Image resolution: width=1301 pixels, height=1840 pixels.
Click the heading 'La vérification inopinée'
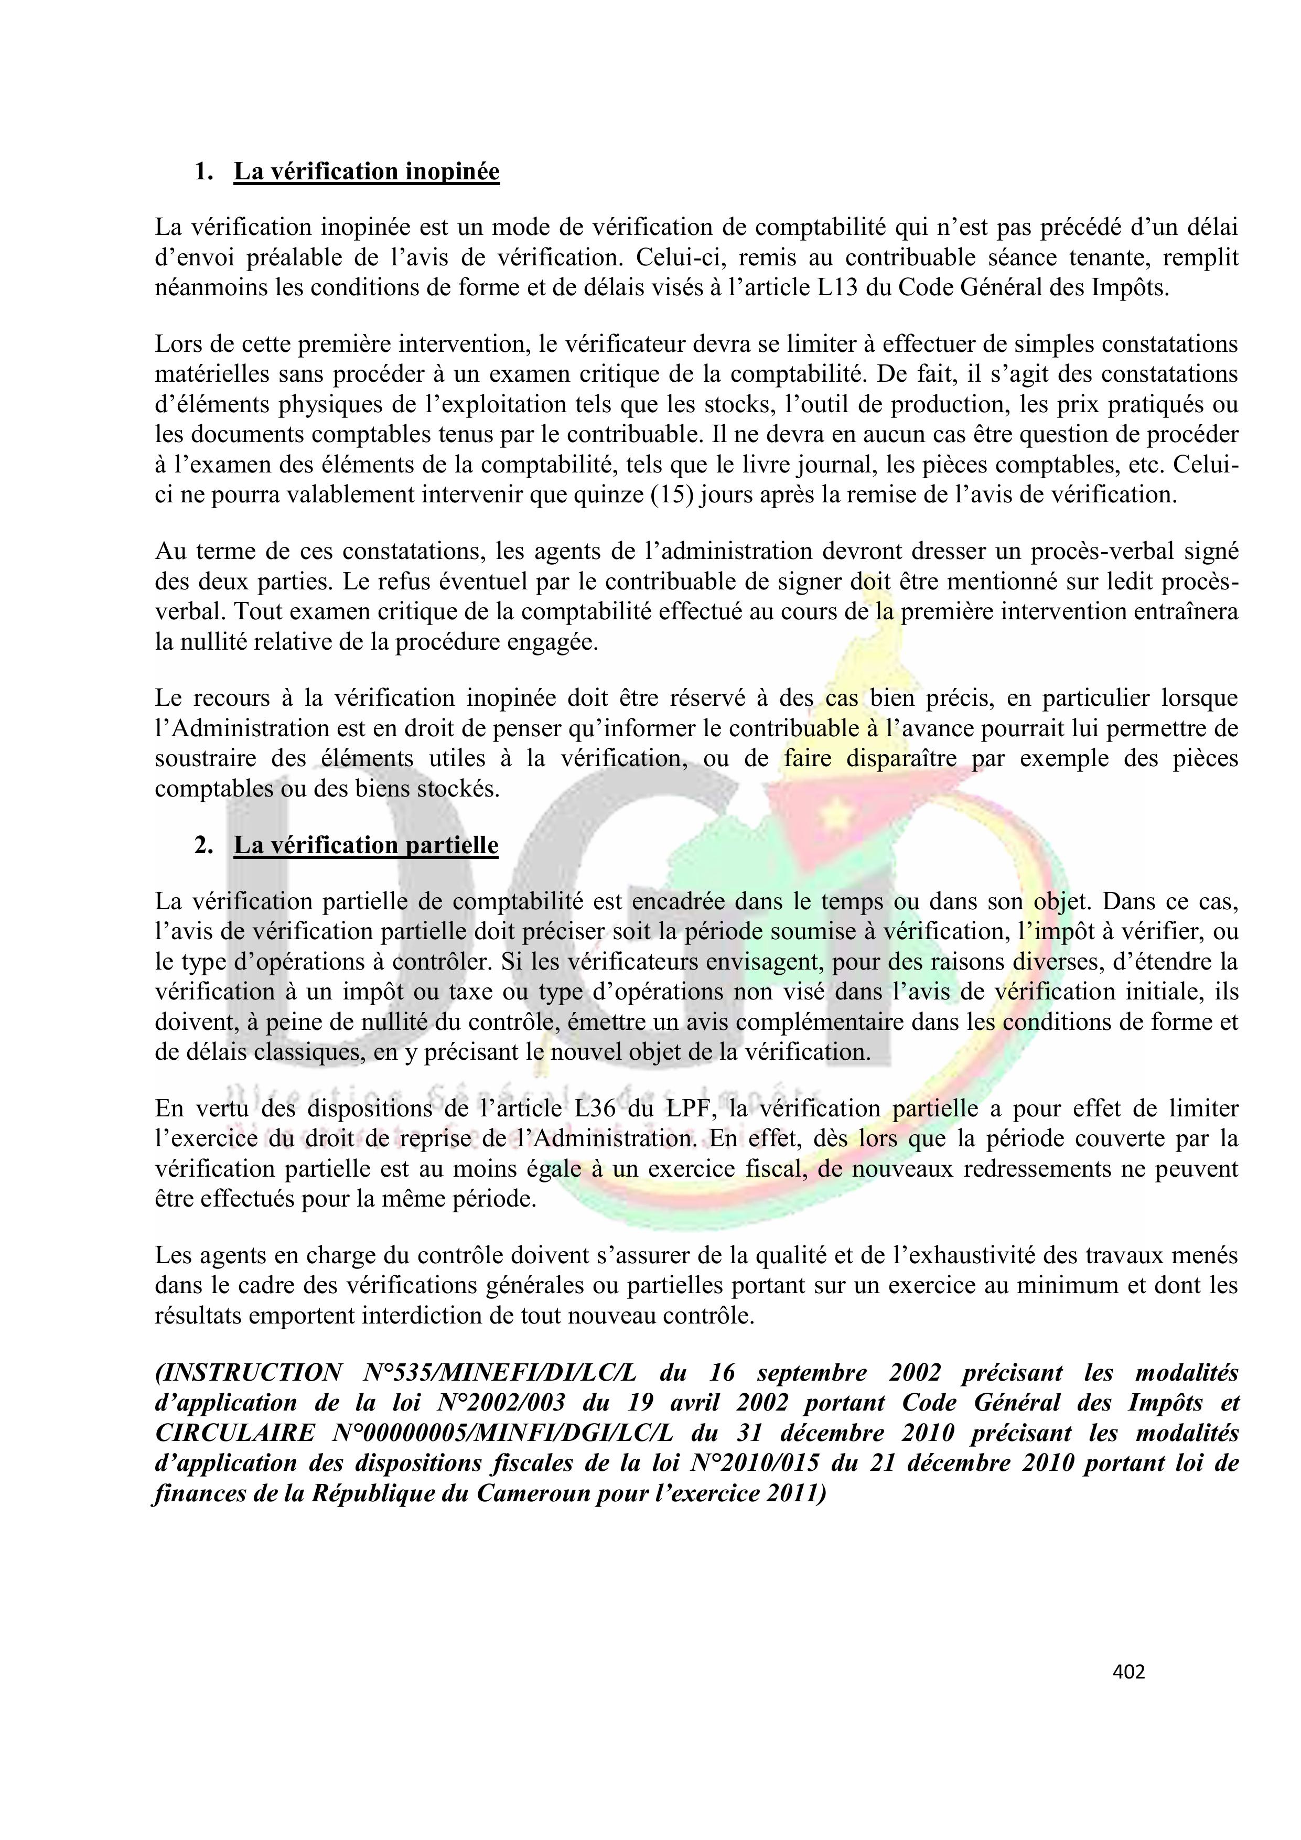pyautogui.click(x=367, y=171)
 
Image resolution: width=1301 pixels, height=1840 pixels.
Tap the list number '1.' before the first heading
pyautogui.click(x=203, y=171)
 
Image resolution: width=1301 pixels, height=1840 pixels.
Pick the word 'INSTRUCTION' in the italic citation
pyautogui.click(x=249, y=1373)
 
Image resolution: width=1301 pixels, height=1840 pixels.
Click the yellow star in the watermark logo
pyautogui.click(x=839, y=816)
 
